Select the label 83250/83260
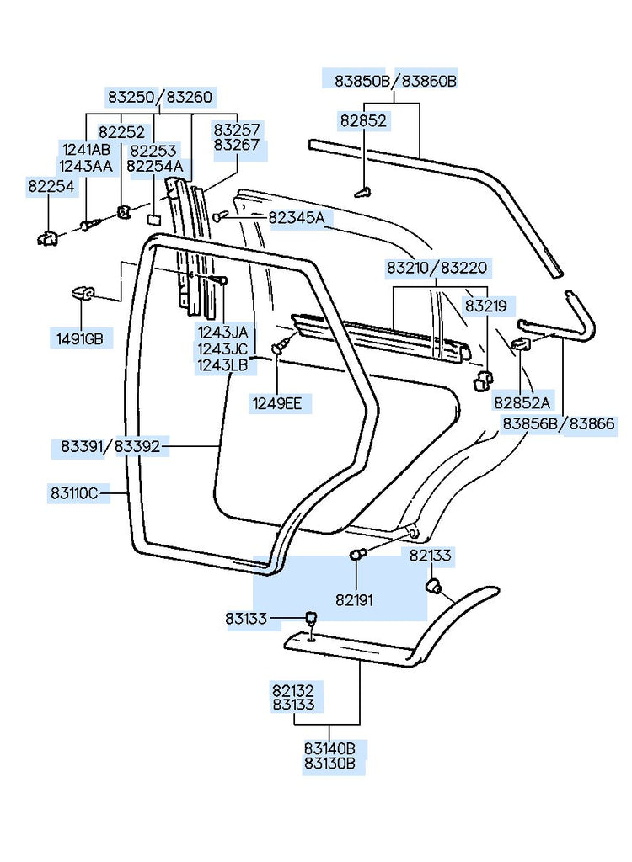[159, 97]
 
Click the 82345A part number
[296, 218]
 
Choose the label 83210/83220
[436, 269]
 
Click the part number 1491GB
[81, 339]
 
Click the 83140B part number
[329, 748]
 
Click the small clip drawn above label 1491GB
[82, 294]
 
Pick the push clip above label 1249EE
[280, 345]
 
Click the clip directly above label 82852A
[521, 343]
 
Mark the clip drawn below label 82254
[48, 238]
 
